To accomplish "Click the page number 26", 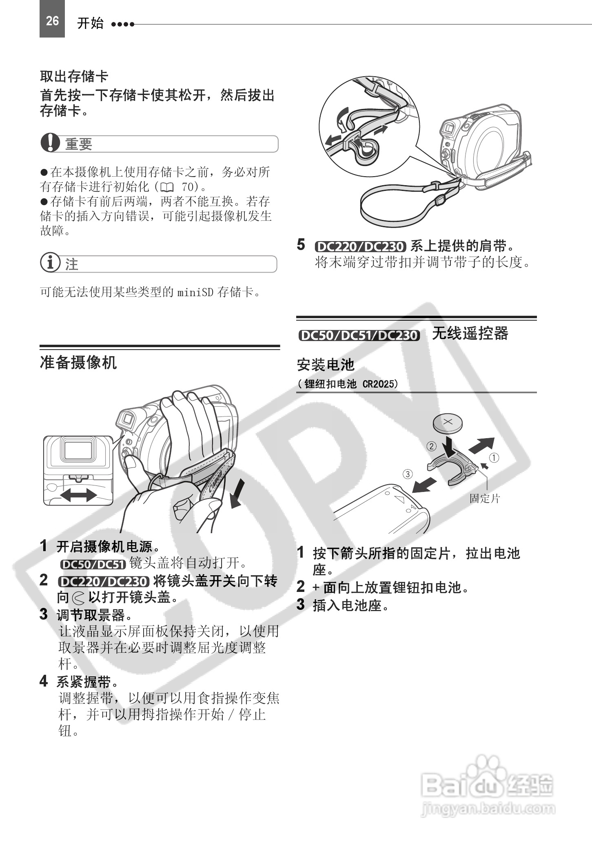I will (52, 21).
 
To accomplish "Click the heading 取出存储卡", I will (74, 76).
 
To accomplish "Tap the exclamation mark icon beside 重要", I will (50, 144).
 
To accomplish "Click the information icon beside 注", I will (50, 263).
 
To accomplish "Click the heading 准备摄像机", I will (78, 362).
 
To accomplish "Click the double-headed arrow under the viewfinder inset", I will (78, 496).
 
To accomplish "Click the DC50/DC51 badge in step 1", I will (93, 564).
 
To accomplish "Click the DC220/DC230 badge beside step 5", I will (360, 246).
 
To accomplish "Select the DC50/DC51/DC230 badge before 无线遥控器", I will (359, 335).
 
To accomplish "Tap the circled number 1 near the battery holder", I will (494, 458).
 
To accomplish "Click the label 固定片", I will (484, 498).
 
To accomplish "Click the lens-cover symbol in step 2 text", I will (78, 598).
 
